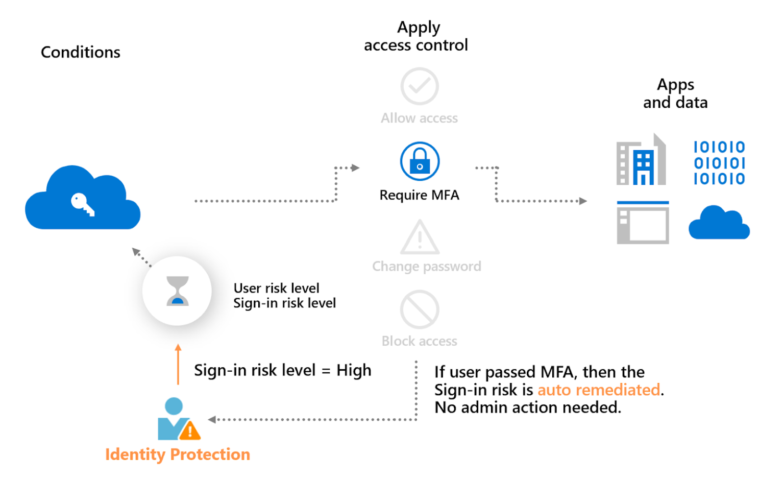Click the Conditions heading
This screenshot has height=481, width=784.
(x=81, y=52)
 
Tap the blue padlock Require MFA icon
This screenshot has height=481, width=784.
(x=420, y=161)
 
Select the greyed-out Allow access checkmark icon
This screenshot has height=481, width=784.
(x=420, y=86)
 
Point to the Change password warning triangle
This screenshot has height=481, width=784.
(x=420, y=238)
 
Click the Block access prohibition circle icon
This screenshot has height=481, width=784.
(x=420, y=309)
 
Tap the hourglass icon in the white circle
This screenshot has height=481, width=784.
(x=178, y=291)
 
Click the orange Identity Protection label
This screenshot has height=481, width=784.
(x=178, y=454)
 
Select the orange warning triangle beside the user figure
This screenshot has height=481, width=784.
(x=190, y=430)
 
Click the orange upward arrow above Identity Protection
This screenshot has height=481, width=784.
(x=178, y=364)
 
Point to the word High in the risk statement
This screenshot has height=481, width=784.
(x=354, y=370)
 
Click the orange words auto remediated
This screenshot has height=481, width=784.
(x=599, y=390)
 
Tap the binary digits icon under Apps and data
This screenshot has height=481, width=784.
(x=719, y=163)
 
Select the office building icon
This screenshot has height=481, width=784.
(x=642, y=160)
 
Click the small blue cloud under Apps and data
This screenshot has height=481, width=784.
(x=719, y=223)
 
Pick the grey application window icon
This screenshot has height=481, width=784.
(x=643, y=223)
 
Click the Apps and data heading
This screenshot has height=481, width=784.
(x=675, y=93)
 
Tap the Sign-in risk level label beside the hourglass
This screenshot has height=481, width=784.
(x=284, y=303)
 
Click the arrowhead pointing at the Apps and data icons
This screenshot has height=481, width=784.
(x=583, y=201)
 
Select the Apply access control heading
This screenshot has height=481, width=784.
(x=416, y=36)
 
